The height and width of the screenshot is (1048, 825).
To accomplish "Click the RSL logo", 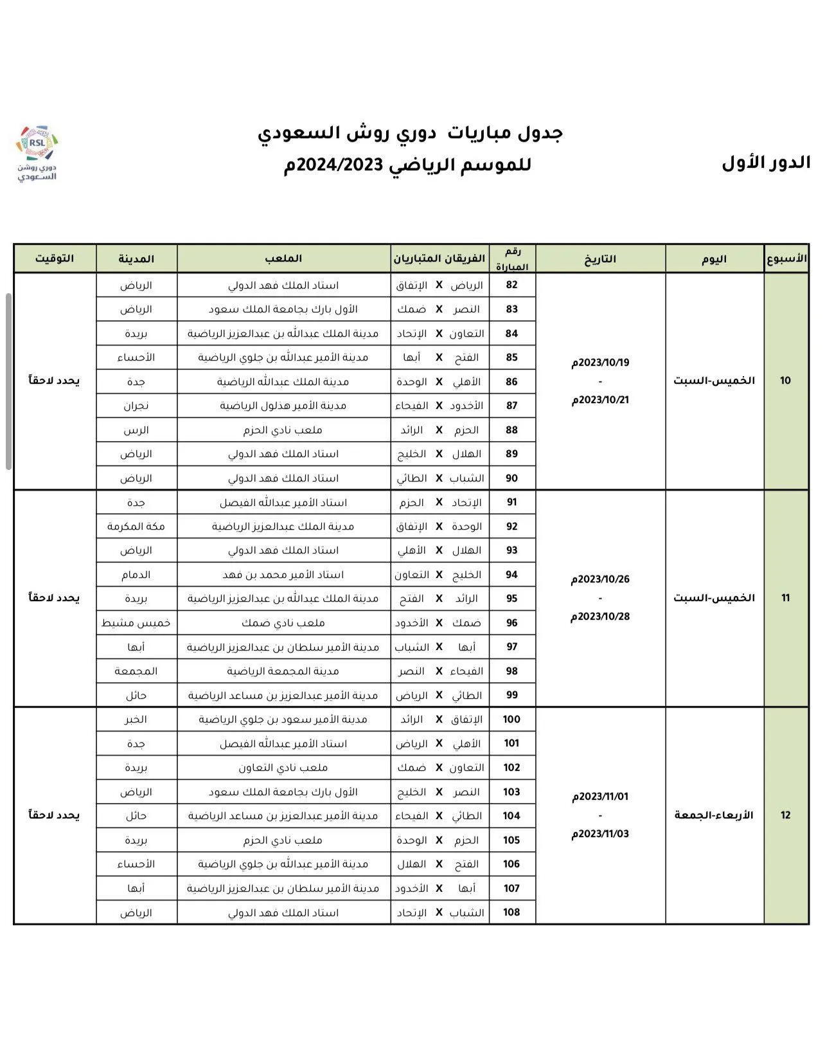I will tap(37, 153).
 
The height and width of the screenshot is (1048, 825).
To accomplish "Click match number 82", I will tap(511, 285).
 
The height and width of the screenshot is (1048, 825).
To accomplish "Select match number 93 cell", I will tap(511, 550).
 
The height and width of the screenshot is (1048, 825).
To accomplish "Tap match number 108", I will tap(511, 912).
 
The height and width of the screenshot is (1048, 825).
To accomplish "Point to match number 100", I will tap(511, 719).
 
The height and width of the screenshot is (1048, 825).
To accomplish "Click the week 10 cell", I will tap(785, 381).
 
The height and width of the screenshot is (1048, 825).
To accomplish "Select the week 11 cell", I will tap(785, 598).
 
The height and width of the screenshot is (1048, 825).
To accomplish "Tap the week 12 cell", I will tap(785, 815).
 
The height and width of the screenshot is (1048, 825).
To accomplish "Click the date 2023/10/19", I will tap(600, 363).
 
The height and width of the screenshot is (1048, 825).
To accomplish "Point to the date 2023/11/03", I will tap(600, 834).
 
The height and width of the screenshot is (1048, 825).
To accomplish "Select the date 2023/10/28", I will tap(600, 617).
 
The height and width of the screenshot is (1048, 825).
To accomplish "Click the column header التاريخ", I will tap(600, 259).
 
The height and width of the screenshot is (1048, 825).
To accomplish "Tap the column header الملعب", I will tap(283, 258).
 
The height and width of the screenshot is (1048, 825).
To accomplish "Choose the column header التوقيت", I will tap(55, 258).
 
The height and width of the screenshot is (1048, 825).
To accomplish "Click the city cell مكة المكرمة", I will tap(136, 527).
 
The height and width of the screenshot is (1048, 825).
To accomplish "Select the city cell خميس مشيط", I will tap(136, 623).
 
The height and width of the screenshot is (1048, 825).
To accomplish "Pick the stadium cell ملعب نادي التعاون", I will tap(283, 768).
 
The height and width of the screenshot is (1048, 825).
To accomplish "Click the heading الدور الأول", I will tap(766, 163).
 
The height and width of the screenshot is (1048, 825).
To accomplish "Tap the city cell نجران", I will tap(136, 406).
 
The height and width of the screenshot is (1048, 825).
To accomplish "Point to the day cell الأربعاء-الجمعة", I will tap(714, 815).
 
